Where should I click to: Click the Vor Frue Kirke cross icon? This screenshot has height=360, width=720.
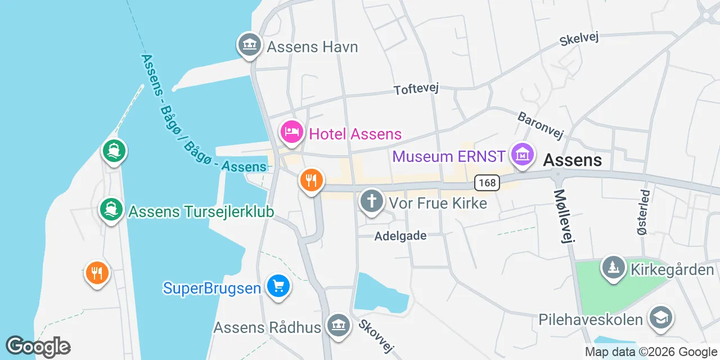372,201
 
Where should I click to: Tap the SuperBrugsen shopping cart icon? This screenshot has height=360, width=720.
277,286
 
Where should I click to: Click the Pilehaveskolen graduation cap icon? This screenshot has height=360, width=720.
660,318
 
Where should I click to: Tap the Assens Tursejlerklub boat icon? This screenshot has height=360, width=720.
111,210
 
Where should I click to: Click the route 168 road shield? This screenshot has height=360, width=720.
487,182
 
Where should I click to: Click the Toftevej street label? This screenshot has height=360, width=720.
416,89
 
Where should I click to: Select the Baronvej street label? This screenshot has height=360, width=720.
541,125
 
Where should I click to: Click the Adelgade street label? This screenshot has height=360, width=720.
400,236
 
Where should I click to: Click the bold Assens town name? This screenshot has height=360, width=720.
573,160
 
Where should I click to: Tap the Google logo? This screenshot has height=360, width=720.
38,346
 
